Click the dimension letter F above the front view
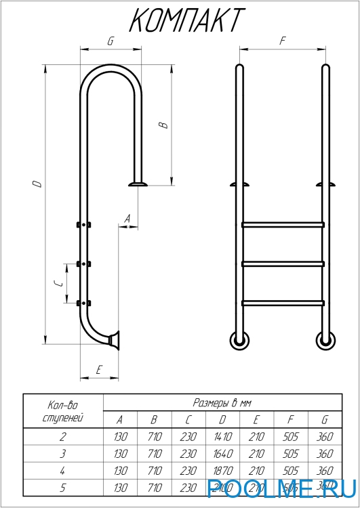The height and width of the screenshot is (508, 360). click(282, 41)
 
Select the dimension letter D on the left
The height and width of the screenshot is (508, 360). click(39, 183)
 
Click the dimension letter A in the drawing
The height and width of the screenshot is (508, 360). click(127, 218)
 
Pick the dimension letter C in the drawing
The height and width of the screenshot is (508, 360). click(59, 283)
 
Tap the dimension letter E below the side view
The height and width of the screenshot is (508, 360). click(99, 370)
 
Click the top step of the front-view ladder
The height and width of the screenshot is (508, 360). click(282, 224)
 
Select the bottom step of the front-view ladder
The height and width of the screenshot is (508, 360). click(282, 302)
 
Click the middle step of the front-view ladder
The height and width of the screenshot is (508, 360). click(282, 263)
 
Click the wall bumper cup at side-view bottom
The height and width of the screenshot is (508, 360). click(114, 340)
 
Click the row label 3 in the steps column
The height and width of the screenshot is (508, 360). click(62, 454)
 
